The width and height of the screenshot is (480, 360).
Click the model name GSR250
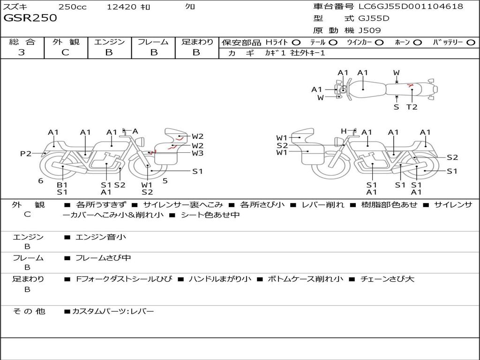pos(30,18)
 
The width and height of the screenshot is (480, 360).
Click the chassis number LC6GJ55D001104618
pos(411,7)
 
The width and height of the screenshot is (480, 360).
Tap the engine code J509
pos(369,30)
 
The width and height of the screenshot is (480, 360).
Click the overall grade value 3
pos(22,52)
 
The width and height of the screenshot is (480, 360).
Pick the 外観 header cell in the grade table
pos(66,42)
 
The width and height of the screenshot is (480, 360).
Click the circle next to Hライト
pos(296,43)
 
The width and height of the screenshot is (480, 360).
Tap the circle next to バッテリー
pos(471,43)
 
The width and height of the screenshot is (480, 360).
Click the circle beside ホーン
pos(418,43)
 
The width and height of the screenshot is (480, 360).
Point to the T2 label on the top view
pos(412,107)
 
